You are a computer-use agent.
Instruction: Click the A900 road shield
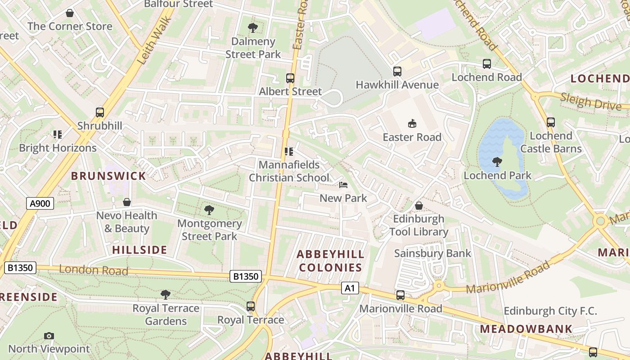pos(40,203)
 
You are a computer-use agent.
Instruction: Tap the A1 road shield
pos(350,288)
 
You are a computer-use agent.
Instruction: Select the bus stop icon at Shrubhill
pos(100,112)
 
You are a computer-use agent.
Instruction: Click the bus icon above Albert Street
pos(290,78)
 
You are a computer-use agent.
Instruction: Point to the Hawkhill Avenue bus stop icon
pos(397,72)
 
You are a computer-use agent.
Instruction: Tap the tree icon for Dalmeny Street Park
pos(253,28)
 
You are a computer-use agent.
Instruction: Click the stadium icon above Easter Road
pos(412,123)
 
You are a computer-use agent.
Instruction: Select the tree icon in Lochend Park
pos(497,162)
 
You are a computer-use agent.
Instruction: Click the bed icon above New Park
pos(343,185)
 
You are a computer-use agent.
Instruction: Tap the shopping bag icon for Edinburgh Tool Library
pos(419,206)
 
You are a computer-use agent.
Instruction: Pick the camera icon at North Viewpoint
pos(49,336)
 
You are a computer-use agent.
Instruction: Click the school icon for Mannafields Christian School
pos(289,152)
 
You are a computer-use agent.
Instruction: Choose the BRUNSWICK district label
pos(108,176)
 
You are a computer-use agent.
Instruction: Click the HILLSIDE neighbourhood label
pos(139,250)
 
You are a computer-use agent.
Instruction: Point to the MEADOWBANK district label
pos(526,329)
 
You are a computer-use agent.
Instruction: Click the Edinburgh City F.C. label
pos(550,311)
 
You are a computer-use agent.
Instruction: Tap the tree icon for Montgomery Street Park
pos(209,210)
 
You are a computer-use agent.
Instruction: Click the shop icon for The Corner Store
pos(70,13)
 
